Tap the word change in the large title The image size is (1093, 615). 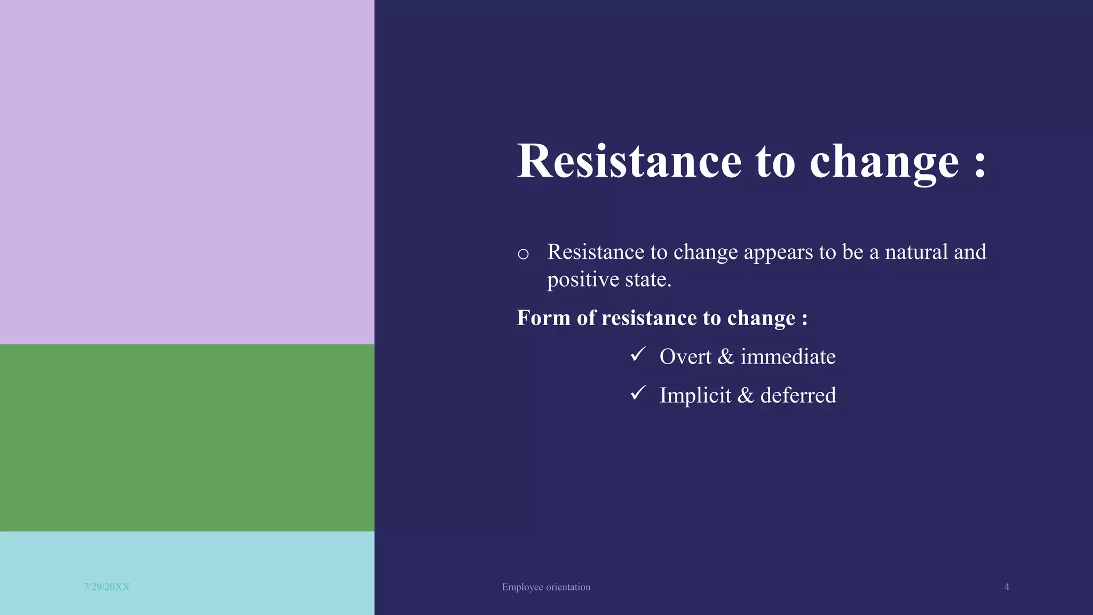pos(884,162)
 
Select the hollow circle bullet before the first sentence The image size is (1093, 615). pos(523,254)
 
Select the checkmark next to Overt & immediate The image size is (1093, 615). pos(638,354)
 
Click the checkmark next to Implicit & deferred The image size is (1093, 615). pos(638,393)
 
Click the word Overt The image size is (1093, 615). pos(685,357)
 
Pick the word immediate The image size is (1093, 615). pos(788,357)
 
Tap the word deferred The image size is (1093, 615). pos(798,396)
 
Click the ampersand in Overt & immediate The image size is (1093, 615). pos(725,357)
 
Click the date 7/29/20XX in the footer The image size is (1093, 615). pos(106,587)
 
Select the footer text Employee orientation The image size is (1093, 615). pos(546,587)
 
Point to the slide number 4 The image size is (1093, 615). pos(1007,587)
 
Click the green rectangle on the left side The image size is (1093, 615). pos(187,438)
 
